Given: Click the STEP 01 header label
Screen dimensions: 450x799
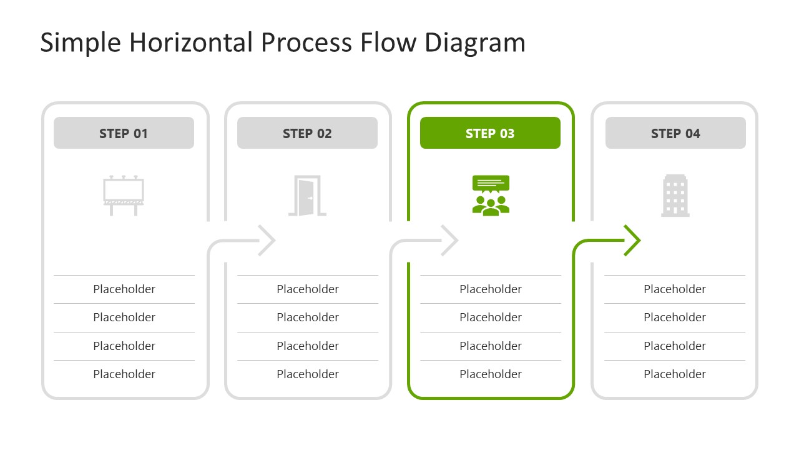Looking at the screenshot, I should coord(124,133).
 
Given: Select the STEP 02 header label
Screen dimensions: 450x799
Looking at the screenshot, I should coord(307,133).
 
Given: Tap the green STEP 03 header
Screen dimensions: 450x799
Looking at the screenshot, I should coord(490,133).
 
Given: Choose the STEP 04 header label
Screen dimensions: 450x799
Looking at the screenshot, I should coord(675,133).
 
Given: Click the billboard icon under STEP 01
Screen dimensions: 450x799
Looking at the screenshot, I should coord(124,196).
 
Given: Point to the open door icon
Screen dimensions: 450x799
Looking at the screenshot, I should coord(307,196).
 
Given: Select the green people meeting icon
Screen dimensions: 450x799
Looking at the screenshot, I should coord(491,196).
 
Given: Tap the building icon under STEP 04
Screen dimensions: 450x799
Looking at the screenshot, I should coord(675,196).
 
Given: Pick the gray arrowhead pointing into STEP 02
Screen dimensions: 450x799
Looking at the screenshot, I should coord(267,240).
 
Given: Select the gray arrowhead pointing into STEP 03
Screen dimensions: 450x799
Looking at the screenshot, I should coord(450,240).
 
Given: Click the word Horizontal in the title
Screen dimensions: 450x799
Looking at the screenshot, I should coord(190,42).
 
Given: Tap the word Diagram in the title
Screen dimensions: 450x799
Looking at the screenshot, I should coord(475,42).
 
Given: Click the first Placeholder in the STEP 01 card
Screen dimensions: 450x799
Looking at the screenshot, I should coord(124,289).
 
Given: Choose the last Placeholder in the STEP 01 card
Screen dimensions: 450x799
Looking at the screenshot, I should coord(124,374).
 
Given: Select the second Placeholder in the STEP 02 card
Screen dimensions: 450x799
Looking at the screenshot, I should coord(308,317).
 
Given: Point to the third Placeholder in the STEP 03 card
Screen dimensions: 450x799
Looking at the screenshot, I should coord(491,346).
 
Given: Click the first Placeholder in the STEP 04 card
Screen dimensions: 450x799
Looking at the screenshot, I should coord(675,289).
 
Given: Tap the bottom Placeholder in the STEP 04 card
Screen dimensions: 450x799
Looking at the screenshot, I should coord(675,374).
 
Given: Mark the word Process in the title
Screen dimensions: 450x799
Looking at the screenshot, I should coord(306,42).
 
